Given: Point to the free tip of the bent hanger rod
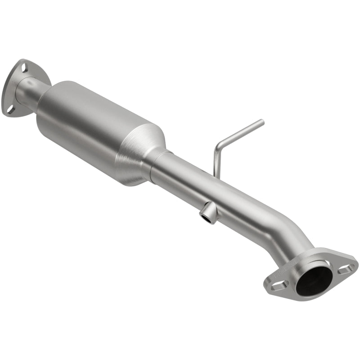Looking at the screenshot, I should click(262, 121).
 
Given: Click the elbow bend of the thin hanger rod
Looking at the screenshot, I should click(217, 145).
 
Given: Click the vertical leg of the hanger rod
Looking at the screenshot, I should click(215, 160).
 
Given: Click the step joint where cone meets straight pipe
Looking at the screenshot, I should click(155, 164).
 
